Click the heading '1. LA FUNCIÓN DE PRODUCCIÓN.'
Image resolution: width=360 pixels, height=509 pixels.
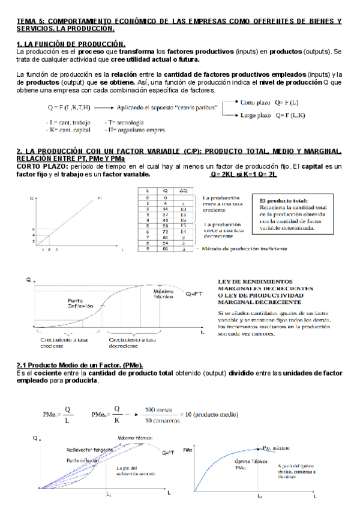[x=71, y=44]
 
